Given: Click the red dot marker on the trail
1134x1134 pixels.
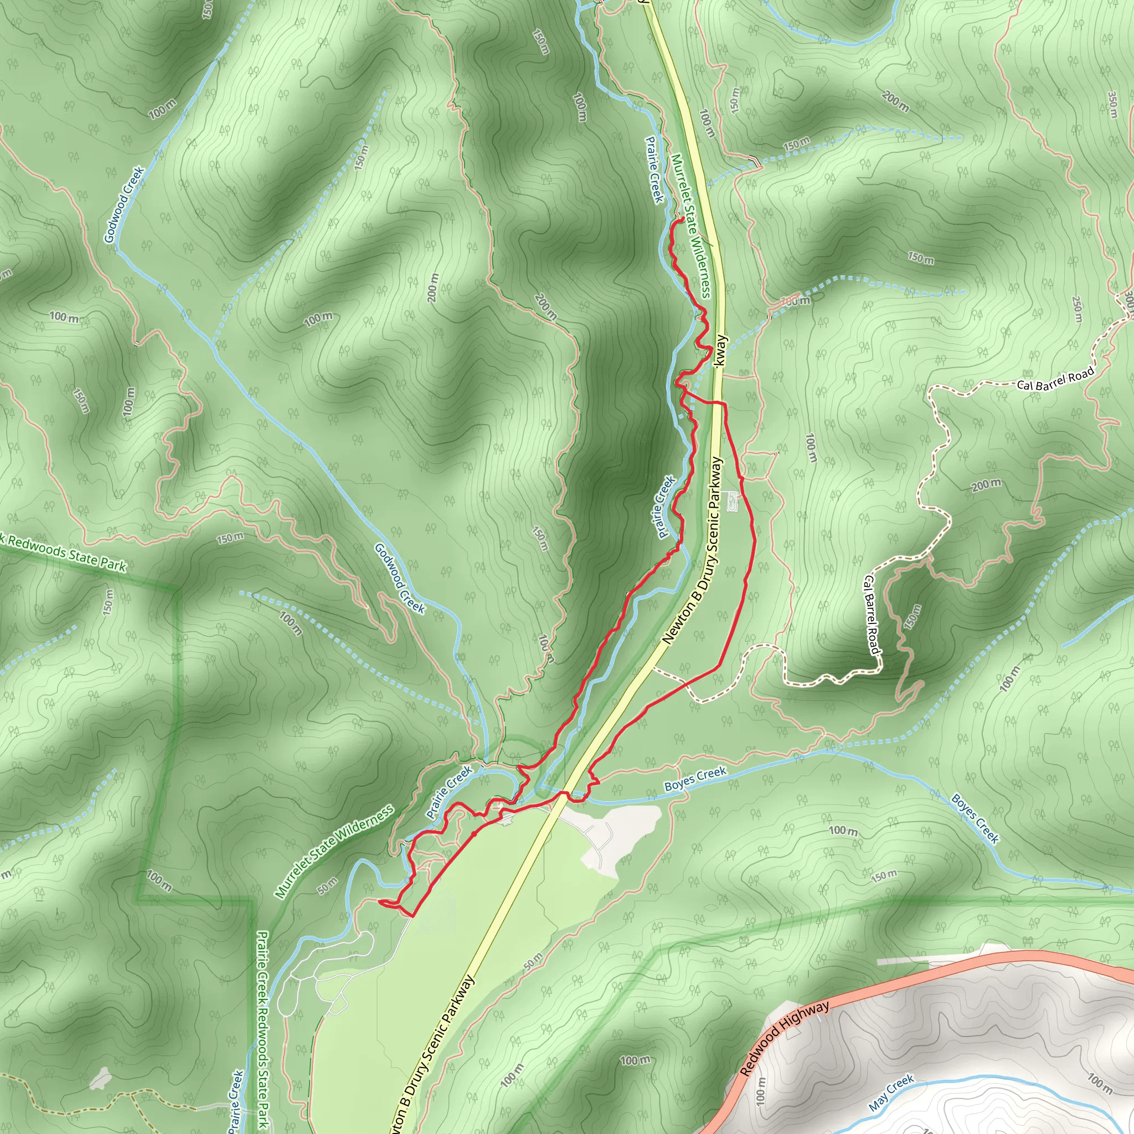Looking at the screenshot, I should coord(475,833).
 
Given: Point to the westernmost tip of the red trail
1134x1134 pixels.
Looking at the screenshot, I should coord(380,901).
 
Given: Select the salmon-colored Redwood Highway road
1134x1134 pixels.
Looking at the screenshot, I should coord(939,975).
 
